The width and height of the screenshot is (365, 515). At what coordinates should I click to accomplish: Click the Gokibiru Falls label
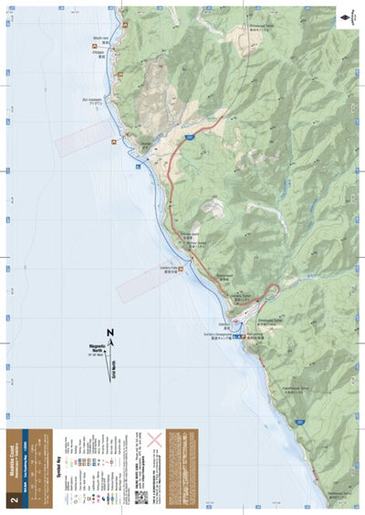point(170,270)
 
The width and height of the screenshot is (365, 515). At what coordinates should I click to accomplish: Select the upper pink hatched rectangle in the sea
point(82,139)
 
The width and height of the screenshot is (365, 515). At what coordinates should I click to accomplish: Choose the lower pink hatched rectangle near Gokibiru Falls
point(146,283)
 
